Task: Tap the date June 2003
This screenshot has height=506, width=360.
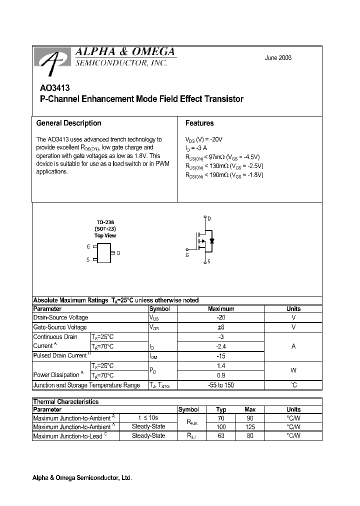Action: point(278,57)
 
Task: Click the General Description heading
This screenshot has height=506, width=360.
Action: point(68,123)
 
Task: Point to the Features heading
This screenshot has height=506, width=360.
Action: point(199,123)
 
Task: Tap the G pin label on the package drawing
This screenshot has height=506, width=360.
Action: point(88,247)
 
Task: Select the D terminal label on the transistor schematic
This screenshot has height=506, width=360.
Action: point(209,218)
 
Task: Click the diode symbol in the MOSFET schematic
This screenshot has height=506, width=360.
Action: point(212,240)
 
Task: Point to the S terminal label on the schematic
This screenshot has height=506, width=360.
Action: point(209,261)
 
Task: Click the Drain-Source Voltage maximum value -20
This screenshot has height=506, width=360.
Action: point(220,317)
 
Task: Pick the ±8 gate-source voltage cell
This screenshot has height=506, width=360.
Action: point(220,327)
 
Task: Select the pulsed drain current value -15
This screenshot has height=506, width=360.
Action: point(220,355)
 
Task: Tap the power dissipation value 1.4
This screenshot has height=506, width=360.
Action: point(220,365)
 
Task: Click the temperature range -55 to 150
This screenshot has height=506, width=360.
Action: point(220,385)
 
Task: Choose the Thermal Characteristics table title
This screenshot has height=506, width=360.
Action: point(65,401)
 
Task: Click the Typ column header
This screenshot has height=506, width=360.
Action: point(221,409)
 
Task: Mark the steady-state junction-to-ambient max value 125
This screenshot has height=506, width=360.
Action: point(250,427)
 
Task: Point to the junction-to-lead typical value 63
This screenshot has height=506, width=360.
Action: point(221,436)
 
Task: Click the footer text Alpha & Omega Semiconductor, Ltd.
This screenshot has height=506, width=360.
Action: point(82,478)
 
